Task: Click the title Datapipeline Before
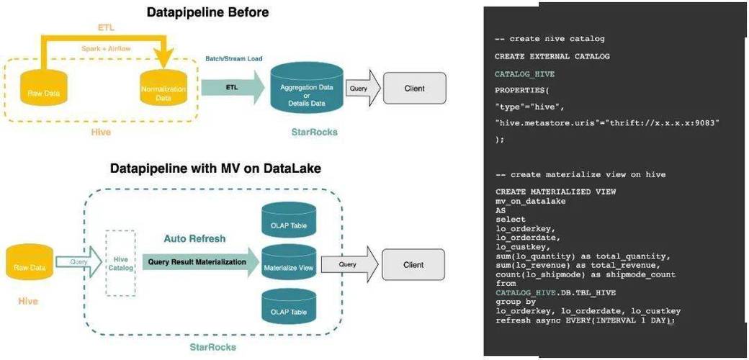pyautogui.click(x=207, y=12)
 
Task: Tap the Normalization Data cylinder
pyautogui.click(x=163, y=91)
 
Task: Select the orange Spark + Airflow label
pyautogui.click(x=107, y=48)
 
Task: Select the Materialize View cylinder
pyautogui.click(x=288, y=265)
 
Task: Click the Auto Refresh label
pyautogui.click(x=194, y=238)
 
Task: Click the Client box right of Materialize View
pyautogui.click(x=413, y=265)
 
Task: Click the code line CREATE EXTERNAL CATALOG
pyautogui.click(x=552, y=56)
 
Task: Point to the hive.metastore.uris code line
pyautogui.click(x=606, y=123)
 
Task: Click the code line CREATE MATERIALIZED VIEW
pyautogui.click(x=555, y=192)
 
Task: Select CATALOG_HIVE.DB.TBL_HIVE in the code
pyautogui.click(x=555, y=292)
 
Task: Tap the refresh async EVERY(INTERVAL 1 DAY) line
pyautogui.click(x=584, y=320)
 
